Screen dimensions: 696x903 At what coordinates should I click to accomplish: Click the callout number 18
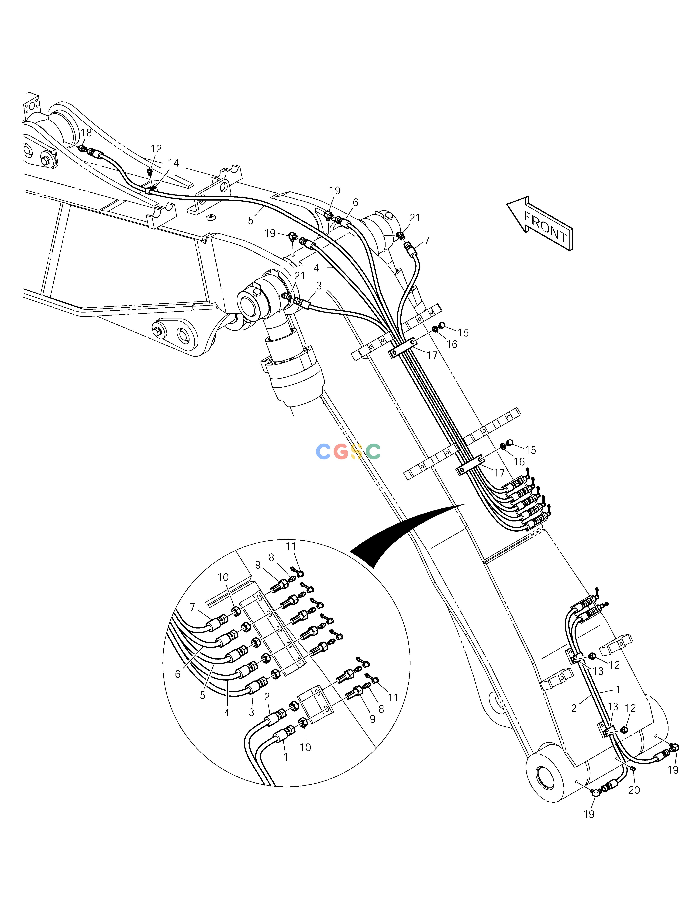[86, 133]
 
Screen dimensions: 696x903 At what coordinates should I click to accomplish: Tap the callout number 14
[174, 163]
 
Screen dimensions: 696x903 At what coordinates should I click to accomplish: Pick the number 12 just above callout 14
[156, 148]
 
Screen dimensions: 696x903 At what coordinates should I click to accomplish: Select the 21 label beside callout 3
[300, 275]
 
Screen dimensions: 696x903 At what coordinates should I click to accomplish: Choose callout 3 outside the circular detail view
[319, 285]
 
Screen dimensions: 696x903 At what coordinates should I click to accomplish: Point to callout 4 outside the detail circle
[317, 268]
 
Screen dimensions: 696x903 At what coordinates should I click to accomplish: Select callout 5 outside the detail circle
[250, 221]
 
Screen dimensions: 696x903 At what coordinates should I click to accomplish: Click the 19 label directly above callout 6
[335, 191]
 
